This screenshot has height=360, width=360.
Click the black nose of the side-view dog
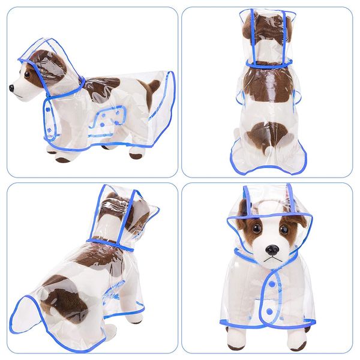[x=12, y=88]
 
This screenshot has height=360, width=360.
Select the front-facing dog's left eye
[x=256, y=229]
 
